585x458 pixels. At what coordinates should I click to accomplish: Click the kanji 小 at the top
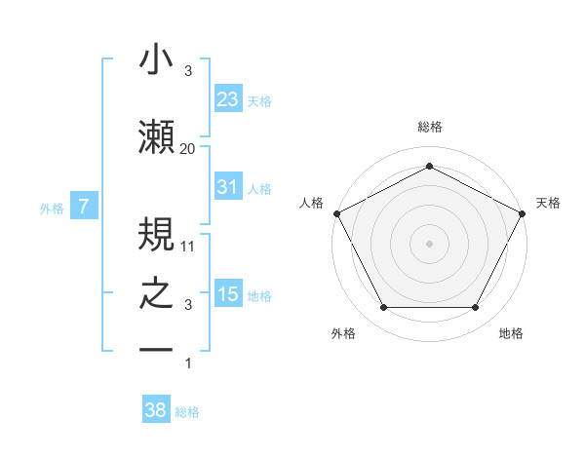point(157,60)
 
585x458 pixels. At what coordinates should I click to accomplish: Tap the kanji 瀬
point(157,136)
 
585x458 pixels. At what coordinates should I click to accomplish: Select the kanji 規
point(157,235)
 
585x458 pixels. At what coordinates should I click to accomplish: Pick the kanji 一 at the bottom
point(157,350)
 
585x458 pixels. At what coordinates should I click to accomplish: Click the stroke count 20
point(188,148)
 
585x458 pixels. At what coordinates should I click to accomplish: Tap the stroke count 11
point(188,247)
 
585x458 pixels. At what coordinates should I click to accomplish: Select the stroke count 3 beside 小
point(188,72)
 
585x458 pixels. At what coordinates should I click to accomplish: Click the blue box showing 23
point(227,99)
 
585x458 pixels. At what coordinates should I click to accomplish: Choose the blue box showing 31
point(227,187)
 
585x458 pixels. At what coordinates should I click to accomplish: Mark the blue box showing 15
point(227,294)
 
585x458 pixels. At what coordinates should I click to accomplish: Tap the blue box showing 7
point(84,207)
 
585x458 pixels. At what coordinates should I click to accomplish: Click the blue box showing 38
point(155,410)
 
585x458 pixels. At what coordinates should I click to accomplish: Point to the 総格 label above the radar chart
point(429,127)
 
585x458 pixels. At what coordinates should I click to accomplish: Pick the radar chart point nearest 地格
point(476,308)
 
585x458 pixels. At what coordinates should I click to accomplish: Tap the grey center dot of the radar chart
point(429,243)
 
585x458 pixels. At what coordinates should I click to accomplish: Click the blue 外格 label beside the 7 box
point(52,208)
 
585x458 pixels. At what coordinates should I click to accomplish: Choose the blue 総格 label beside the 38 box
point(187,411)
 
